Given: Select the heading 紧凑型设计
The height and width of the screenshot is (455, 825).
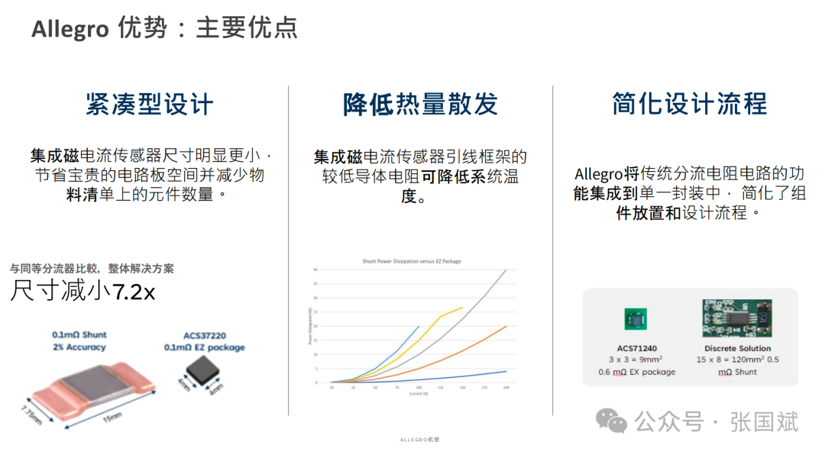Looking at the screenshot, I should (x=149, y=105).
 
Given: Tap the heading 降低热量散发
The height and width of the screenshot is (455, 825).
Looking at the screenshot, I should (x=420, y=105).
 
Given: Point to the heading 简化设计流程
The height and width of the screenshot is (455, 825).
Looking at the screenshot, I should (x=689, y=105).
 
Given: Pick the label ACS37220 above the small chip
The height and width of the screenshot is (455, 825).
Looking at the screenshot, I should (x=204, y=334).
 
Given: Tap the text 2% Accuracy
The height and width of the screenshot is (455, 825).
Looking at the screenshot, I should (x=79, y=347).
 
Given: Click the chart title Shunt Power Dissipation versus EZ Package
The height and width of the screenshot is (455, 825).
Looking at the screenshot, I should (x=411, y=262).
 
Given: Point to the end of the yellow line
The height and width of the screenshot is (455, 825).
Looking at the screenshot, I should (x=462, y=308).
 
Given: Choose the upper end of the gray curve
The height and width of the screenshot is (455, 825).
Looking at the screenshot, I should (x=506, y=269).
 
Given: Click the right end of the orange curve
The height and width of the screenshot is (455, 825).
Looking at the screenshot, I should (x=506, y=326).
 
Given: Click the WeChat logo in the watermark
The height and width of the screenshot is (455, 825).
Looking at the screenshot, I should (x=613, y=420).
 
